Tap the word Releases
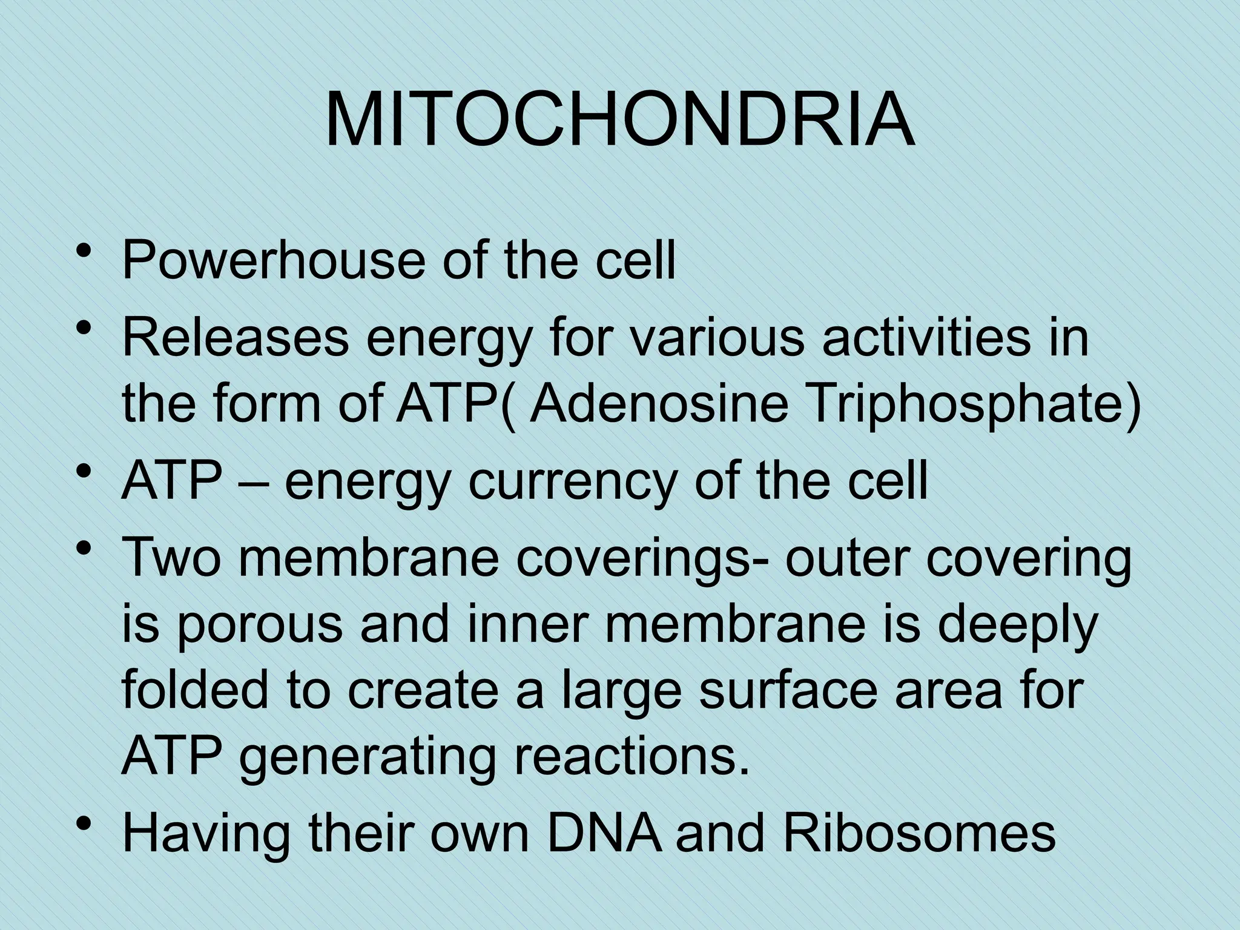pyautogui.click(x=236, y=338)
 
